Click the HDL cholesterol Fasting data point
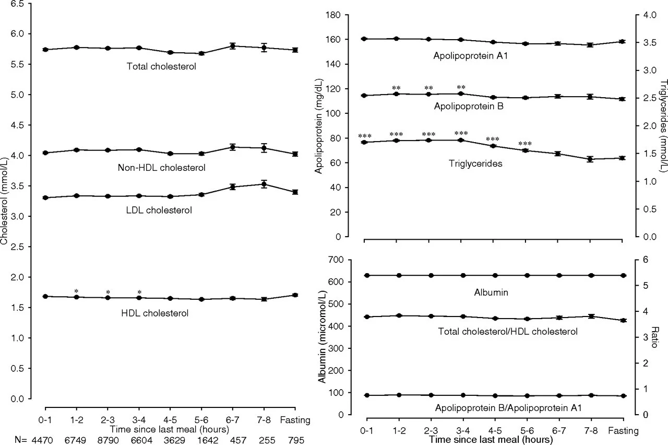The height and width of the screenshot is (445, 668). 295,295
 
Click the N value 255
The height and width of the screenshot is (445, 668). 264,439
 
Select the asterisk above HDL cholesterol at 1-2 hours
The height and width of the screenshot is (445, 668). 77,291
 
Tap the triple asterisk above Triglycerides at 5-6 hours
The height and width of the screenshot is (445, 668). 525,144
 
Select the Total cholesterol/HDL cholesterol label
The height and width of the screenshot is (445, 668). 508,331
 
